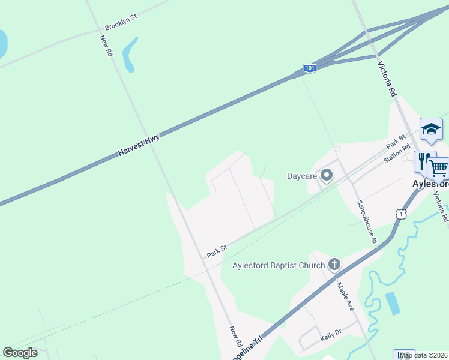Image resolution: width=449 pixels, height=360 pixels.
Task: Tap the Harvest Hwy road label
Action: click(x=139, y=146)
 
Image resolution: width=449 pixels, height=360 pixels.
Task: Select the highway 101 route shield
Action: click(x=309, y=68)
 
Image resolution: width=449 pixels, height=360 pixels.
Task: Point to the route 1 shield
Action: click(x=401, y=213)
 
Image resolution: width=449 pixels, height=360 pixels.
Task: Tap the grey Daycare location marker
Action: click(x=327, y=175)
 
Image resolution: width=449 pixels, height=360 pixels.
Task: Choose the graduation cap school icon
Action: click(x=430, y=128)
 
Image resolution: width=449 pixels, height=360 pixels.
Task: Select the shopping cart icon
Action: click(x=439, y=167)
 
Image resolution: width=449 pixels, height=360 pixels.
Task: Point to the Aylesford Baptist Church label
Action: click(x=279, y=265)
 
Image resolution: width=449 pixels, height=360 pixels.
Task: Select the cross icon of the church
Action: click(x=334, y=265)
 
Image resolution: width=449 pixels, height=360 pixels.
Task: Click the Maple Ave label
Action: click(x=345, y=296)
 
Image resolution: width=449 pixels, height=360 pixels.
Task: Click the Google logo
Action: click(x=20, y=353)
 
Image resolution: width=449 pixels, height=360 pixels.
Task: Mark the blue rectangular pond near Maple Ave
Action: click(x=391, y=304)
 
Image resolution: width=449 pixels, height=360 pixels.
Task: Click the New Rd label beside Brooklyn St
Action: click(x=106, y=46)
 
